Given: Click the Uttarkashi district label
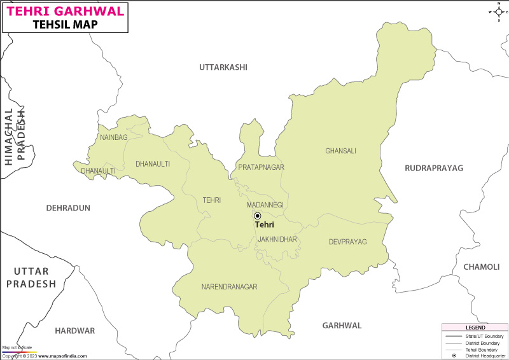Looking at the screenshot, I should (x=223, y=67).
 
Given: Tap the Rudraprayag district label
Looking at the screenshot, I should (x=434, y=168).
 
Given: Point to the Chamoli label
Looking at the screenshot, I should (x=482, y=267).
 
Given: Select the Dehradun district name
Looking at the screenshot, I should (x=68, y=208).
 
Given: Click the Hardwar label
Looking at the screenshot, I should (x=74, y=331).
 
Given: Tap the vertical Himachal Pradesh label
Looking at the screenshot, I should (x=15, y=137).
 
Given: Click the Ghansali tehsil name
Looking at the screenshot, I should (x=340, y=151).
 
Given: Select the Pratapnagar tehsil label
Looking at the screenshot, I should (x=261, y=167).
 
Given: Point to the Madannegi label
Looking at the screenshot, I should (x=265, y=205).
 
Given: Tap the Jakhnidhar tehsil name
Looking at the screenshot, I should (x=277, y=239).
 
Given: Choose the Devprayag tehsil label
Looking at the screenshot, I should (x=348, y=242).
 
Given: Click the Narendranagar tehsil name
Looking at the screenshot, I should (x=229, y=287).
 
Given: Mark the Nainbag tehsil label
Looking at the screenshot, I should (x=113, y=137).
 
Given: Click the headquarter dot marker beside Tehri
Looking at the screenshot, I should (x=257, y=216).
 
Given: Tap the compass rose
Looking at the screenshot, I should (x=498, y=11).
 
